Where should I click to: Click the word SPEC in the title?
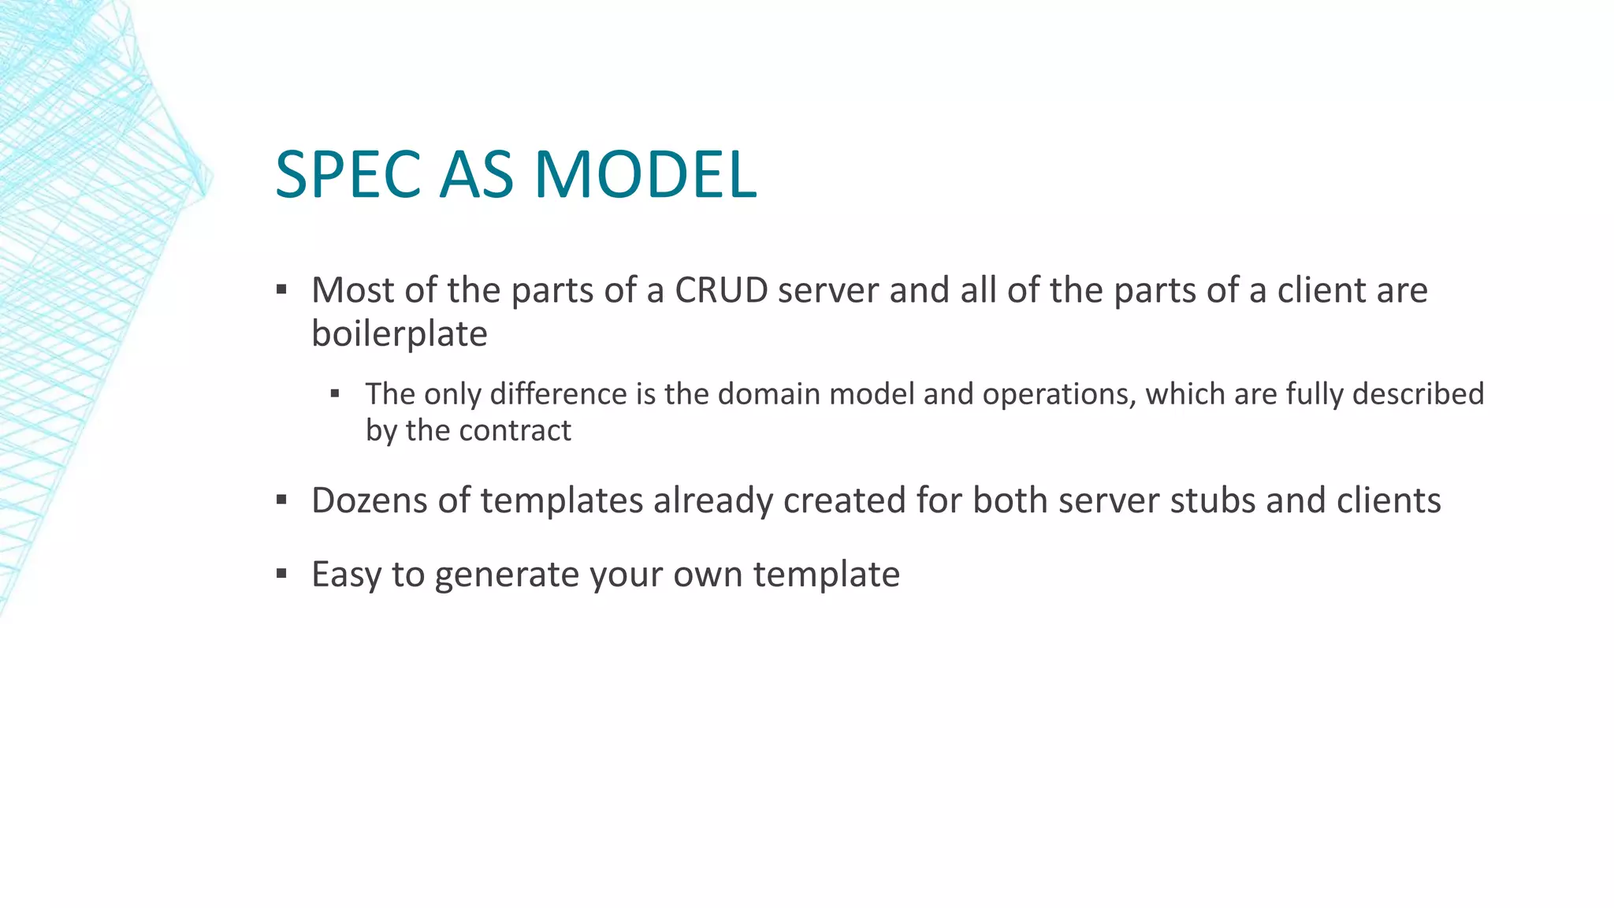point(348,175)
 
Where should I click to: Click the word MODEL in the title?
point(645,175)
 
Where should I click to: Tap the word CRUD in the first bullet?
point(721,291)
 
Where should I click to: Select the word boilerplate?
point(400,334)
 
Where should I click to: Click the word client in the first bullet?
point(1322,291)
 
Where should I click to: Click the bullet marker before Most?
point(281,290)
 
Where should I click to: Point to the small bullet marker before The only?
point(335,393)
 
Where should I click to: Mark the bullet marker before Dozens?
point(281,500)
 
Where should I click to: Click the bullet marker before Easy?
point(281,574)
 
